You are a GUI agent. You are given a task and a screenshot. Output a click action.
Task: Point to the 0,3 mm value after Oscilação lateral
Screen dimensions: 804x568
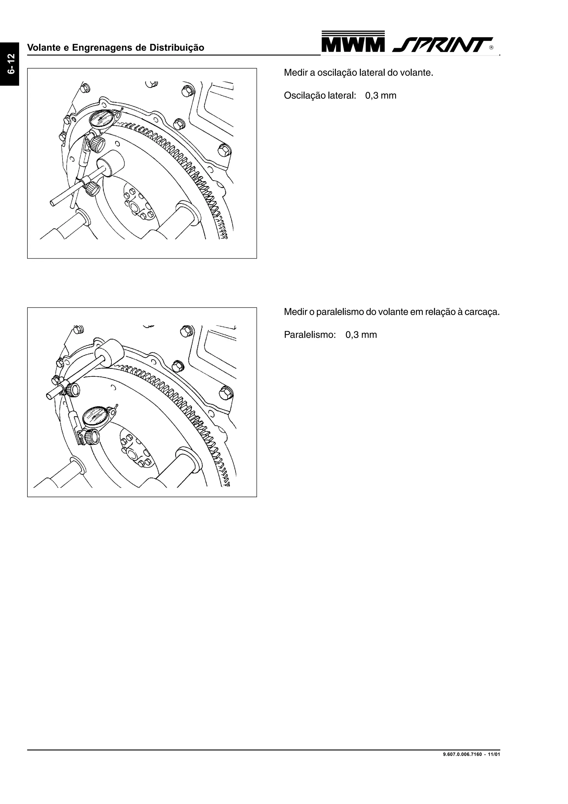(x=381, y=96)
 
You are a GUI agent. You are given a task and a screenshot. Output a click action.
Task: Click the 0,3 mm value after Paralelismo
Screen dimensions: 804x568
(x=361, y=335)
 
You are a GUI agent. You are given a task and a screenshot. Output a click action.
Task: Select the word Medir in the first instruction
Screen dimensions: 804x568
(x=295, y=73)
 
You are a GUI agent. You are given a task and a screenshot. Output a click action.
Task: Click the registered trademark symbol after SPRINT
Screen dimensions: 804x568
(x=491, y=48)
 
